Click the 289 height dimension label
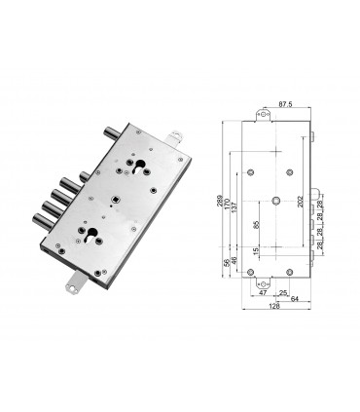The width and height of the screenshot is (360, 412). point(223,204)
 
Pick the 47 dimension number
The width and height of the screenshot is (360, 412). point(263,290)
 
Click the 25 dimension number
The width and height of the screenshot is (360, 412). point(283,290)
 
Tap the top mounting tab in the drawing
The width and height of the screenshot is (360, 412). point(263,115)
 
